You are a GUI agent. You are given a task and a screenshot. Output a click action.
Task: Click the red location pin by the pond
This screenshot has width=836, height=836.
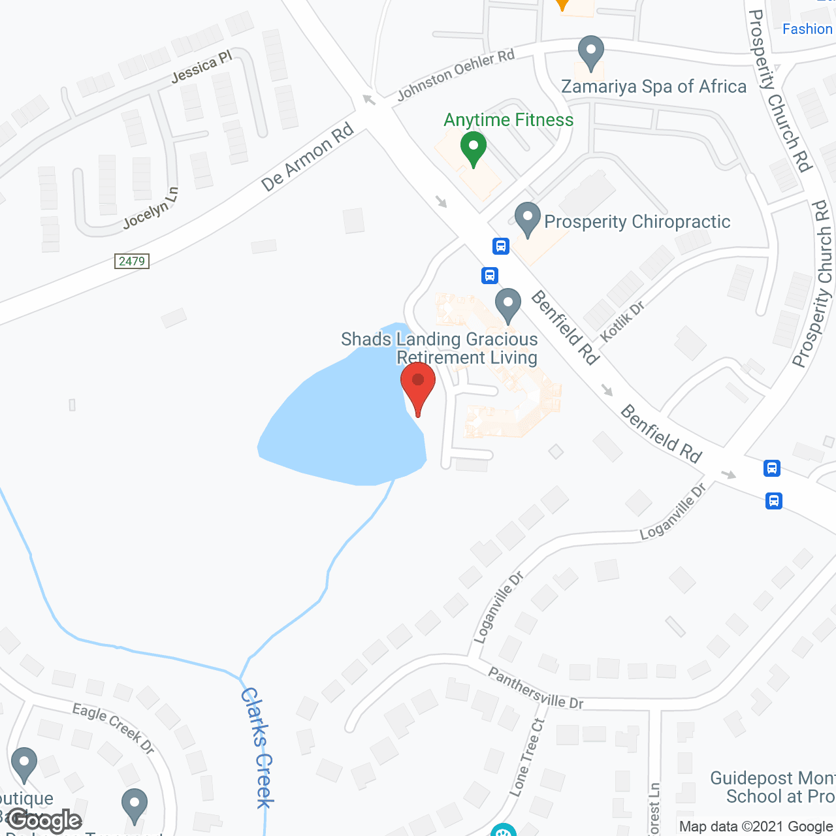click(x=417, y=386)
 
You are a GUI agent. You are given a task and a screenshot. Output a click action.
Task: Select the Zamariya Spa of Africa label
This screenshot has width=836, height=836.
click(x=654, y=87)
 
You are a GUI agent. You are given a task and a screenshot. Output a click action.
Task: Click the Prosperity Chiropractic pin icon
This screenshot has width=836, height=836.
click(x=528, y=219)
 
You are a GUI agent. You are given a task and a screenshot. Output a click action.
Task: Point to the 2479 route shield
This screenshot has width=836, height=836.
click(x=131, y=261)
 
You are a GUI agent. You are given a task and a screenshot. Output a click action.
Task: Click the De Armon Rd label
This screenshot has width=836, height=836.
click(x=307, y=157)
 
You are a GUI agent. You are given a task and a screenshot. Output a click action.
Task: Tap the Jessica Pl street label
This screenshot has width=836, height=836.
click(x=202, y=67)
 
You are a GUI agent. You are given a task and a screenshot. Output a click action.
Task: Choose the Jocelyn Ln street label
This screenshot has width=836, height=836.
click(x=151, y=208)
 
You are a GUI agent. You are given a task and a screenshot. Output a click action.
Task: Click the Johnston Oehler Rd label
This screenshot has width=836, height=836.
click(x=456, y=75)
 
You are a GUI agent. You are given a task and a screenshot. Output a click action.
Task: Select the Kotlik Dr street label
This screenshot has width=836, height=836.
click(x=622, y=321)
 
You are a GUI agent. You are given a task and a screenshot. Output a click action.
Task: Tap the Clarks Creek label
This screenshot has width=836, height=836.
click(x=257, y=747)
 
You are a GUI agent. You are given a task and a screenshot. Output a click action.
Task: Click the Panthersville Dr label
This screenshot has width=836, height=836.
click(x=536, y=688)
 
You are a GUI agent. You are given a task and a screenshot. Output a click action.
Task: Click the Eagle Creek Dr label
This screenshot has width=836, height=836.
click(x=113, y=728)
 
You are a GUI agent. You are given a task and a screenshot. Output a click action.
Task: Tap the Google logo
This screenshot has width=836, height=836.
click(x=44, y=820)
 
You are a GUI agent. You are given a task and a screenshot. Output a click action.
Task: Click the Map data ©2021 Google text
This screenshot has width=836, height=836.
click(x=756, y=827)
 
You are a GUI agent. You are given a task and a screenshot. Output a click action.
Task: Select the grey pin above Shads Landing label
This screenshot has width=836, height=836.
click(x=507, y=305)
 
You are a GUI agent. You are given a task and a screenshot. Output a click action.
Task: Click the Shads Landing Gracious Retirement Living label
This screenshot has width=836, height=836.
click(x=440, y=348)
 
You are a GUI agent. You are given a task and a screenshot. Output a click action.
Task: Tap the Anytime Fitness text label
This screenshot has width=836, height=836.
click(x=508, y=120)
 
